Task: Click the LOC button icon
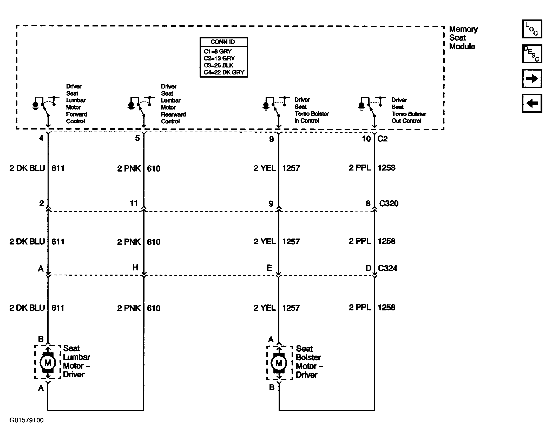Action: click(532, 29)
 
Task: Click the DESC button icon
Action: click(532, 54)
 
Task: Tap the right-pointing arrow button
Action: click(532, 78)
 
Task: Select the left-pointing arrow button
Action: click(532, 103)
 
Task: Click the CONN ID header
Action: click(224, 42)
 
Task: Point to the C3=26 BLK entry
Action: click(219, 65)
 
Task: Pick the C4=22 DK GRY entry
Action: click(224, 72)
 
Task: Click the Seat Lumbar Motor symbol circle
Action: click(48, 363)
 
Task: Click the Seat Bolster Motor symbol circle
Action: click(279, 363)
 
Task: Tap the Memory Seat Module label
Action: click(463, 38)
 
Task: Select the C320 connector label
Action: click(389, 203)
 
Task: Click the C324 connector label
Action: click(387, 268)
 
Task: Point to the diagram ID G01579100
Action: click(27, 420)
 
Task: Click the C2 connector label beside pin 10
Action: click(382, 139)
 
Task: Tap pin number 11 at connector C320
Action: click(134, 203)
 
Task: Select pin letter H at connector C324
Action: click(135, 268)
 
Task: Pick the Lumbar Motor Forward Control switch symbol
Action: click(44, 106)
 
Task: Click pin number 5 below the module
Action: click(137, 138)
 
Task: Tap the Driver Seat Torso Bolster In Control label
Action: click(311, 110)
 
